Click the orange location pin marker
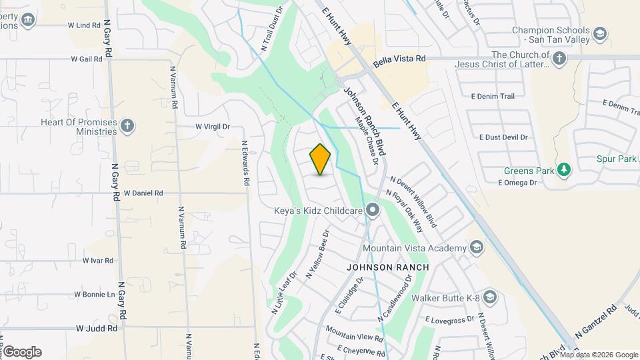click(x=321, y=159)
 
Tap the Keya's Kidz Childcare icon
click(x=373, y=211)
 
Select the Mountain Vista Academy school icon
click(x=477, y=248)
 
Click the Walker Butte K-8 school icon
click(x=490, y=297)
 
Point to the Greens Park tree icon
click(x=565, y=171)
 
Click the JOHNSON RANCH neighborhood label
click(x=387, y=267)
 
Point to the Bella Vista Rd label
click(x=399, y=60)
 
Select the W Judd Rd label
click(x=97, y=328)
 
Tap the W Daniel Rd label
click(x=143, y=193)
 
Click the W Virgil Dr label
click(x=213, y=126)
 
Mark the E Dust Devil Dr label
click(x=503, y=137)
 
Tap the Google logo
click(x=22, y=352)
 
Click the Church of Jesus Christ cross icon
click(x=559, y=60)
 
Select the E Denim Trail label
click(x=493, y=97)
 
